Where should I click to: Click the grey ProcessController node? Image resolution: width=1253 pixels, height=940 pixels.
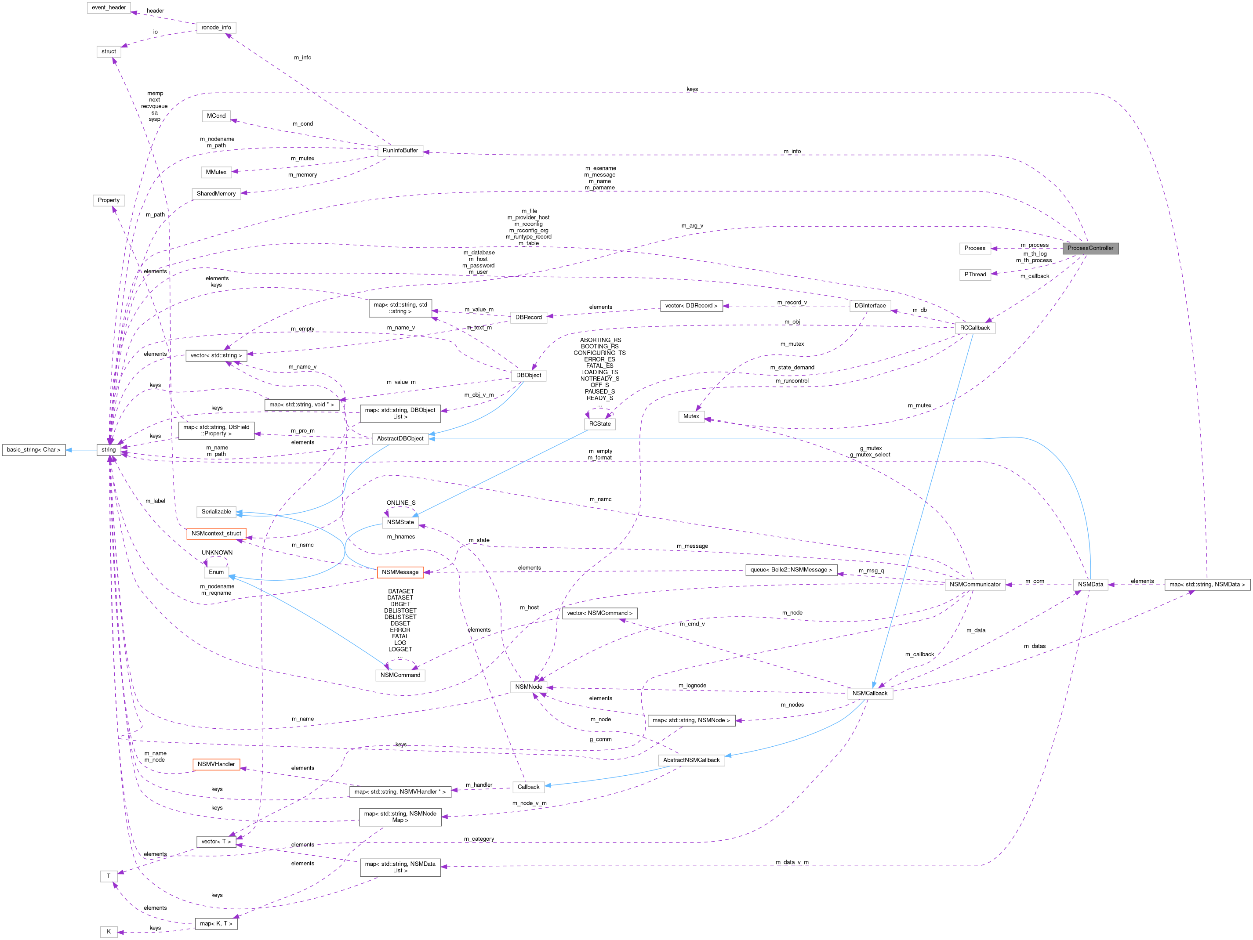point(1090,248)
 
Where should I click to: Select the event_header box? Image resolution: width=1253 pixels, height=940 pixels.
point(109,7)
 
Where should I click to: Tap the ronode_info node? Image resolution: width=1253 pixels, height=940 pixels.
point(216,27)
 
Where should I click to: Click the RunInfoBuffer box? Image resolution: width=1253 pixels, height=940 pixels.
point(400,151)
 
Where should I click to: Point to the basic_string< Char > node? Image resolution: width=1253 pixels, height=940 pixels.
point(33,450)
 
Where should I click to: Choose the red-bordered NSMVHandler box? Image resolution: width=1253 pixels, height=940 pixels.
point(216,764)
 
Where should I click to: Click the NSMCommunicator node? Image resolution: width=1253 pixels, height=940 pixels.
point(974,584)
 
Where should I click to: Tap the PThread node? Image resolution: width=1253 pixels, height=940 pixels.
point(974,275)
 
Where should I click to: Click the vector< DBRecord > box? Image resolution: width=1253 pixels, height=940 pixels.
point(690,306)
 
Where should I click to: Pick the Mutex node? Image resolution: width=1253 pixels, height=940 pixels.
point(690,416)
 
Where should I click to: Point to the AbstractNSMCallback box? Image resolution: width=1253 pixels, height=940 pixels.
point(690,760)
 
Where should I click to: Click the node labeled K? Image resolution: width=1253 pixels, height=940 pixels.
point(109,932)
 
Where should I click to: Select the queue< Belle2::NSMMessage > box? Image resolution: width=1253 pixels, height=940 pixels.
point(791,570)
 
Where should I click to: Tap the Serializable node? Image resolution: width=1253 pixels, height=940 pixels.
point(216,512)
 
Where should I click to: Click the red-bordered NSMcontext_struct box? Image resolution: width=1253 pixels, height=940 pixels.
point(216,533)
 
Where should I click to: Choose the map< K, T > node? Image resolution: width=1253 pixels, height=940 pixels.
point(216,924)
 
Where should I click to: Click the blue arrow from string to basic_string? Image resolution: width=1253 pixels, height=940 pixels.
point(80,450)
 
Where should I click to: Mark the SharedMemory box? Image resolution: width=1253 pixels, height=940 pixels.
point(216,194)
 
